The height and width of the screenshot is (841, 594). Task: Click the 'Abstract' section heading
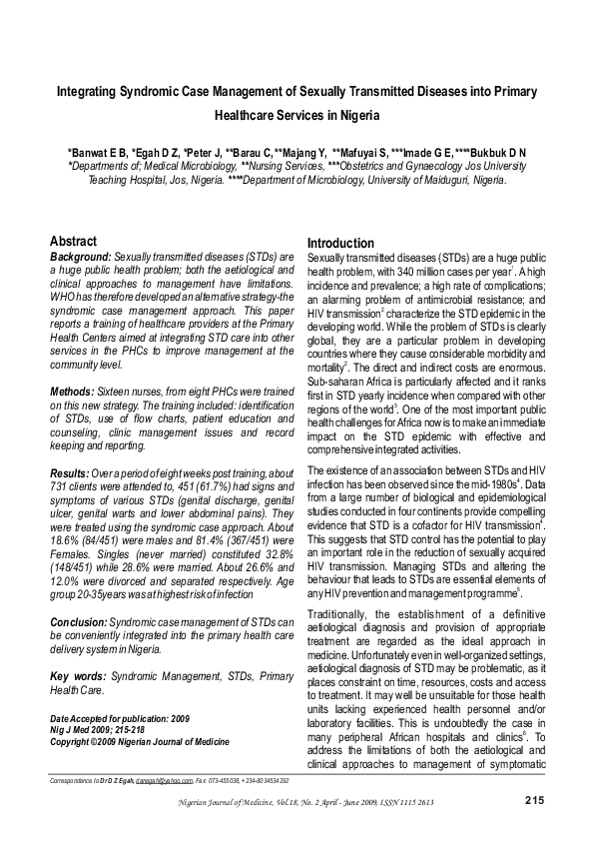point(73,242)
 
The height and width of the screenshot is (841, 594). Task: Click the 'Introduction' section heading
point(340,244)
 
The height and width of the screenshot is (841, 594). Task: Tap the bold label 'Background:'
point(81,257)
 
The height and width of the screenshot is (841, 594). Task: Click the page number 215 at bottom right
point(533,801)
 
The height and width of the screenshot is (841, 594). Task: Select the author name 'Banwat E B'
point(97,152)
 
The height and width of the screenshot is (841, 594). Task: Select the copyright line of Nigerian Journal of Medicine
point(139,742)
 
